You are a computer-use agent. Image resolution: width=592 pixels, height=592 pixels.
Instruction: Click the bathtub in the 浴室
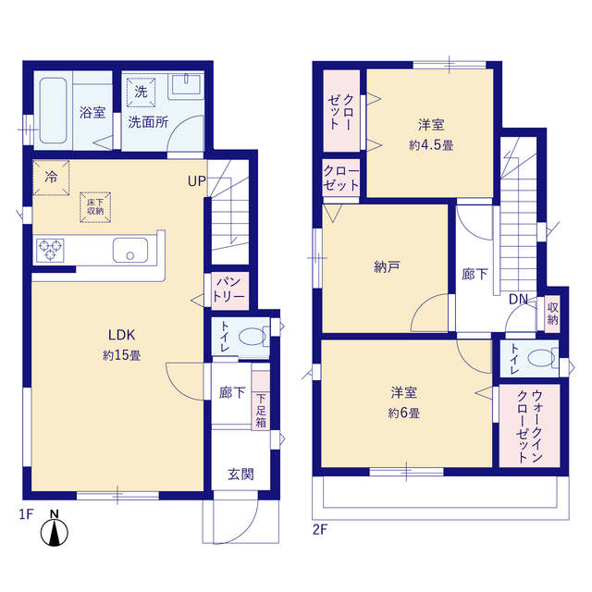[x=54, y=110]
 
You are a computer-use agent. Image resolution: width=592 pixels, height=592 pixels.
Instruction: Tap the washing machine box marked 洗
[x=142, y=92]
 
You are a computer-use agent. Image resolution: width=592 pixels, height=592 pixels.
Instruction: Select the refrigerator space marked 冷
[x=51, y=177]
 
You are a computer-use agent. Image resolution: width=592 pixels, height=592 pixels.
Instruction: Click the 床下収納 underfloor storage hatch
[x=95, y=207]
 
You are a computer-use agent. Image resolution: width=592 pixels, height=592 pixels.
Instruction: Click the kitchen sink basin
[x=130, y=250]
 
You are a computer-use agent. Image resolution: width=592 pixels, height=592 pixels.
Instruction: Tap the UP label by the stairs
[x=197, y=181]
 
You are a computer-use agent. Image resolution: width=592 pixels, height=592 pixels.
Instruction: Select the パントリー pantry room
[x=229, y=290]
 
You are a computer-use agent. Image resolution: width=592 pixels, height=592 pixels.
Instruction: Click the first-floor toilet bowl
[x=253, y=337]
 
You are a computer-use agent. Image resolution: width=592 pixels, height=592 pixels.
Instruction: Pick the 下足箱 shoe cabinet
[x=261, y=401]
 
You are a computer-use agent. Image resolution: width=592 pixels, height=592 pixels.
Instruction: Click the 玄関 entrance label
[x=240, y=475]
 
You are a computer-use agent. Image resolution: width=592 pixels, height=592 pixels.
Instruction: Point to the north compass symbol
[x=55, y=529]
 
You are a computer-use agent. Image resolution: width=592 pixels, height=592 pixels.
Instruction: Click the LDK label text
[x=121, y=335]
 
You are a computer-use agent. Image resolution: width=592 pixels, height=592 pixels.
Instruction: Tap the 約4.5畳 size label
[x=431, y=145]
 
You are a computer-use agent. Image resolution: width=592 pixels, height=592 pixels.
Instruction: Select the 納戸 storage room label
[x=387, y=267]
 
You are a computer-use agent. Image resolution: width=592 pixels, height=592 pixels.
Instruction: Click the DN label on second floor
[x=518, y=300]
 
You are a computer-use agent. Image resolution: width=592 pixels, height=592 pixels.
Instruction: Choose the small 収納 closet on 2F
[x=552, y=314]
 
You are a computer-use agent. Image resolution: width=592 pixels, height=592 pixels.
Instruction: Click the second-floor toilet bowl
[x=541, y=358]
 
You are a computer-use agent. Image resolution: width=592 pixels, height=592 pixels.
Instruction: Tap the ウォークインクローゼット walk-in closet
[x=529, y=425]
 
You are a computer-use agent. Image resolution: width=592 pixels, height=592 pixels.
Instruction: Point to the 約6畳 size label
[x=403, y=413]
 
